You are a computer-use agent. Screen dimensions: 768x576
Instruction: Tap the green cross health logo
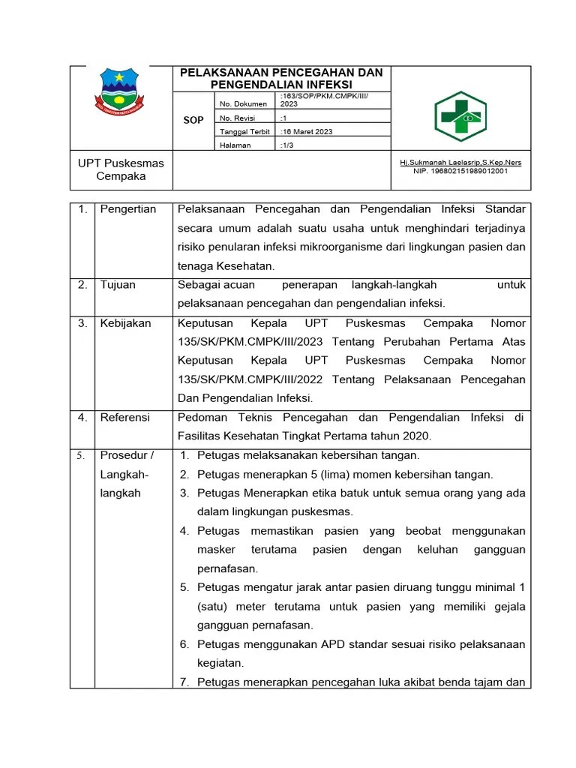click(x=460, y=115)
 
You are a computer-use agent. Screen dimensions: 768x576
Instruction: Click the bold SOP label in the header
click(x=193, y=120)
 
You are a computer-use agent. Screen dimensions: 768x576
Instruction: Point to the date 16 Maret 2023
click(x=308, y=132)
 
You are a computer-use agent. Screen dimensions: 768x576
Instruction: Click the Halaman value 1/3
click(x=288, y=145)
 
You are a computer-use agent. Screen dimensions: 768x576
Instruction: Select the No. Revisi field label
click(x=237, y=118)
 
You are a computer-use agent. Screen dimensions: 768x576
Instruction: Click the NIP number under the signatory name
click(x=460, y=171)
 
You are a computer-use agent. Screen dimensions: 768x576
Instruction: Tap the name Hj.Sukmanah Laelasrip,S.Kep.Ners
click(x=460, y=162)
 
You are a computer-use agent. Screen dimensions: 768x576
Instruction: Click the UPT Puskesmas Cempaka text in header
click(x=121, y=169)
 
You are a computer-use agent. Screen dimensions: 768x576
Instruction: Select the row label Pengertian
click(x=128, y=209)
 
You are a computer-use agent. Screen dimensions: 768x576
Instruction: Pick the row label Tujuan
click(x=118, y=285)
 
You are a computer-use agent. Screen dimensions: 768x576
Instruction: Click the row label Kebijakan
click(x=125, y=323)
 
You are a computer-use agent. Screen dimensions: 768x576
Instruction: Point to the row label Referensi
click(x=125, y=417)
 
